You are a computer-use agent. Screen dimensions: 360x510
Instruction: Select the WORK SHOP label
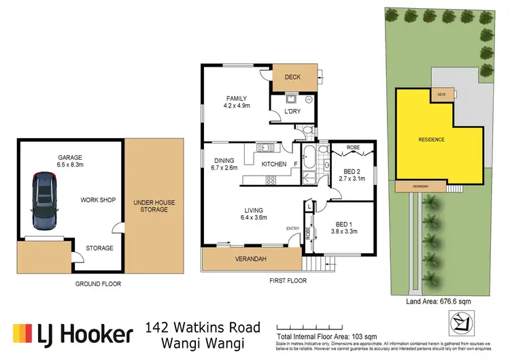point(98,200)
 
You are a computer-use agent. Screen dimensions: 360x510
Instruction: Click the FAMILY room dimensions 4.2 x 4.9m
point(237,106)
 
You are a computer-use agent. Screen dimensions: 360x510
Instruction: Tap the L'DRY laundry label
point(293,111)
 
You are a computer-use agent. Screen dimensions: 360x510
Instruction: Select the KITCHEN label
point(274,164)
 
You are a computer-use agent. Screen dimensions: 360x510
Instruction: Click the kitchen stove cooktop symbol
point(270,180)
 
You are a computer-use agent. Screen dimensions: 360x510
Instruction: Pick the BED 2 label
point(352,171)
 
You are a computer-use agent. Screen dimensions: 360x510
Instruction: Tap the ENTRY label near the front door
point(292,228)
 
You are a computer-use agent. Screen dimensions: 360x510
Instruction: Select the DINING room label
point(224,161)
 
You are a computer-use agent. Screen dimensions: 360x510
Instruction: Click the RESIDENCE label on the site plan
point(431,140)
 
